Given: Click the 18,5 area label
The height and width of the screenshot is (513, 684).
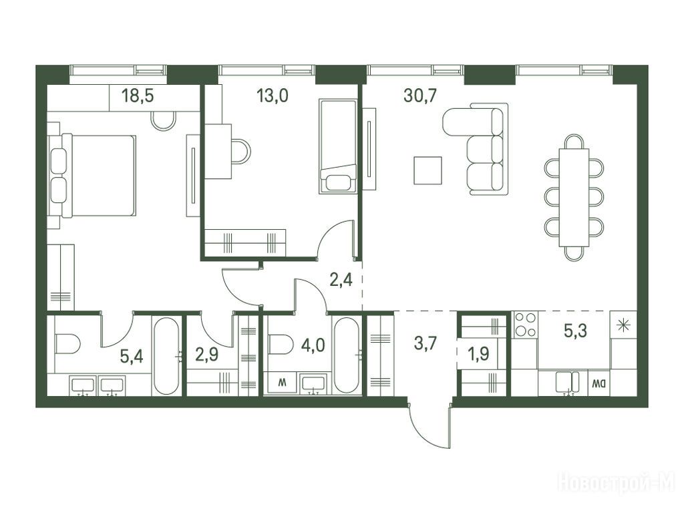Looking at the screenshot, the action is pyautogui.click(x=138, y=96).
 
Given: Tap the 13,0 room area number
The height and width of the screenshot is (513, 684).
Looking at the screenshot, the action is pyautogui.click(x=273, y=95).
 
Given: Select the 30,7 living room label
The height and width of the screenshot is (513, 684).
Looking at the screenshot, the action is pyautogui.click(x=420, y=95).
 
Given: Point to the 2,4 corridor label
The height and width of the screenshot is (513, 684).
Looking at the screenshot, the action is pyautogui.click(x=341, y=280).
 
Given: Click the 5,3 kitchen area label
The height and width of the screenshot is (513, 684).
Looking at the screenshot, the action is pyautogui.click(x=575, y=331).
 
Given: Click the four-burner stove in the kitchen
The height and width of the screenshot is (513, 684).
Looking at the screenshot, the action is pyautogui.click(x=525, y=325).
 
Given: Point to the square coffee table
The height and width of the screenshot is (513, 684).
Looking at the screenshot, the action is pyautogui.click(x=427, y=170).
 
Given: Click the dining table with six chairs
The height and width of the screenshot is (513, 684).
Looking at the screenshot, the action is pyautogui.click(x=574, y=198).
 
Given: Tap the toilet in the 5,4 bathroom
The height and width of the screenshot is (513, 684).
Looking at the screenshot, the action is pyautogui.click(x=67, y=344).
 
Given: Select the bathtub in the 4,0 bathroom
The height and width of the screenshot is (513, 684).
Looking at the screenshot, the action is pyautogui.click(x=347, y=355).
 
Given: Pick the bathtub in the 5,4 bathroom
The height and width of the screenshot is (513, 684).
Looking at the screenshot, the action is pyautogui.click(x=166, y=355).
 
